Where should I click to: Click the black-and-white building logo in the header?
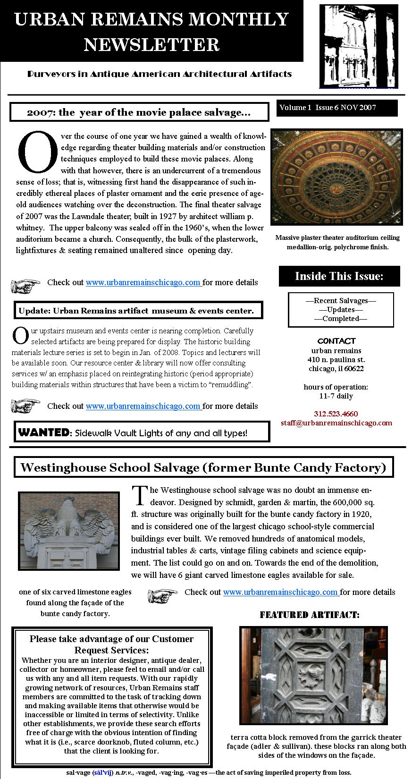click(358, 46)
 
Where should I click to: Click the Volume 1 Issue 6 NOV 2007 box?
click(337, 108)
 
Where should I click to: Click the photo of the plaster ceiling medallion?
click(336, 177)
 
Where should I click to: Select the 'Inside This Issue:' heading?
click(339, 276)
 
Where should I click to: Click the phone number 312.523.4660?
click(336, 414)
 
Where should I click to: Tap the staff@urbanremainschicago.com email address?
click(336, 423)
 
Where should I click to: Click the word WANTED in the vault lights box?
click(43, 432)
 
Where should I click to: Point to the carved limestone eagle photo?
click(69, 537)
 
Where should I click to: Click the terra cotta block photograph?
click(314, 676)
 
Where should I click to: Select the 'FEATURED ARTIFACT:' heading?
click(310, 615)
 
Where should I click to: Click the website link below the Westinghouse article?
click(280, 592)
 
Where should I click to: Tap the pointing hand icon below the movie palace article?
click(25, 285)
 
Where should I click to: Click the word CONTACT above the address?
click(336, 341)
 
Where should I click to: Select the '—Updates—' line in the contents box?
click(340, 310)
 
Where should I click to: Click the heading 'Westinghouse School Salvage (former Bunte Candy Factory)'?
click(203, 467)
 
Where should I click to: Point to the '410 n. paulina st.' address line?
click(336, 360)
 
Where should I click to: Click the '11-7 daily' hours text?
click(336, 396)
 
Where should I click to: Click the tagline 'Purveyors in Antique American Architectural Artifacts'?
click(160, 74)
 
